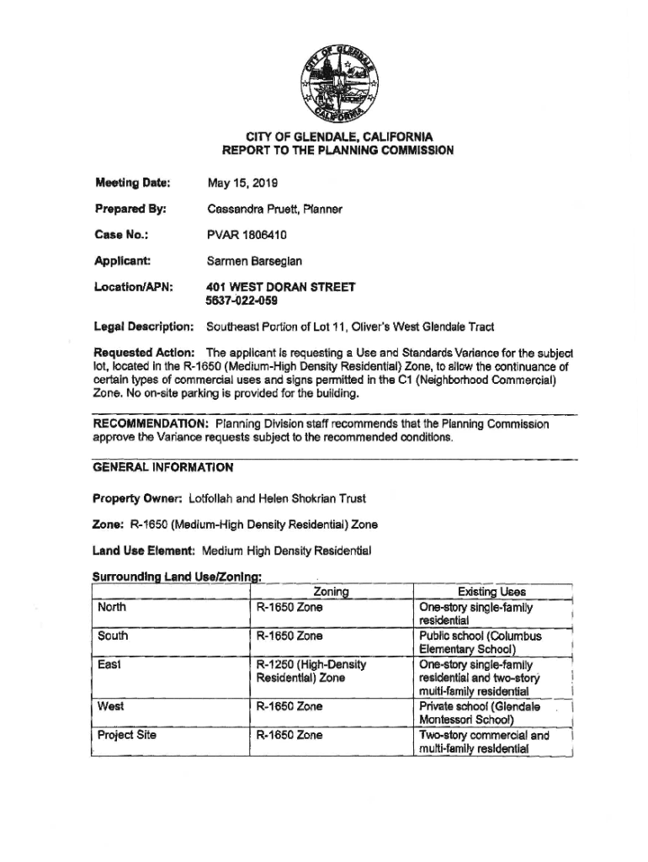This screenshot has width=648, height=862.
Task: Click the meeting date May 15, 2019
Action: pos(242,182)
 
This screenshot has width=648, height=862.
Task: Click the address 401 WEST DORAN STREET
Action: pos(280,287)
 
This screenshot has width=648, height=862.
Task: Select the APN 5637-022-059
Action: pos(242,300)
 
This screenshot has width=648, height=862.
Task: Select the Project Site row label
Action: pos(127,735)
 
